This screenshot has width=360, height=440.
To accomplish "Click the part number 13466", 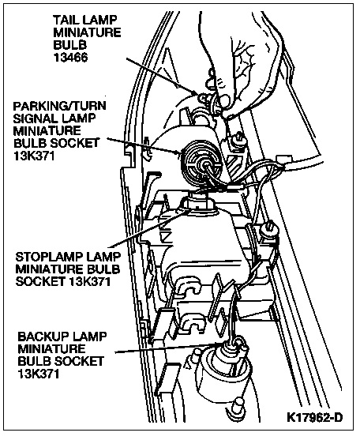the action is click(70, 57).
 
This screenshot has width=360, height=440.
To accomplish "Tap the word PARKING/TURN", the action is click(60, 106).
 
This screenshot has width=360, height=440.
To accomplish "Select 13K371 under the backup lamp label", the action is click(39, 374).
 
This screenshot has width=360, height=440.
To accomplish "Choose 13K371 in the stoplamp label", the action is click(90, 281).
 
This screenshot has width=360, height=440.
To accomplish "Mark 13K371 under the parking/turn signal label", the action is click(34, 156).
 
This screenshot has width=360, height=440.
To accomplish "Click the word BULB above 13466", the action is click(69, 45).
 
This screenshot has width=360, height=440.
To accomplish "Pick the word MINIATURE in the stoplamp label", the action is click(47, 269).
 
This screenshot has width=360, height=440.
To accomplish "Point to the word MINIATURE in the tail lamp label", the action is click(87, 32).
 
